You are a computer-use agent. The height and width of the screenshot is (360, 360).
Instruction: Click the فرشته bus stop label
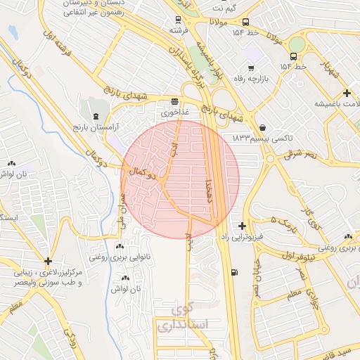coord(179,32)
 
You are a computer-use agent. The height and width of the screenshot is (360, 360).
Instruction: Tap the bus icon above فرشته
coord(178,20)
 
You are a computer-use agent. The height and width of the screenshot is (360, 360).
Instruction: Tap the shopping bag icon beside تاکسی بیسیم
coord(262,127)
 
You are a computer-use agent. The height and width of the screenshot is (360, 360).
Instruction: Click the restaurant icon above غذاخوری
coord(174,101)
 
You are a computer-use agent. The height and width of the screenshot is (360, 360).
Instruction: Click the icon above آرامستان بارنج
coord(96,115)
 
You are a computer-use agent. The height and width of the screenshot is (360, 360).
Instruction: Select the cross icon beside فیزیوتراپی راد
coord(242,226)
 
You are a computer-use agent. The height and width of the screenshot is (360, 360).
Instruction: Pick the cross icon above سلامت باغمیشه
coord(347,93)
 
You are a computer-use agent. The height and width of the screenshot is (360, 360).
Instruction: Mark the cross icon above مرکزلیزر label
coord(48,261)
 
